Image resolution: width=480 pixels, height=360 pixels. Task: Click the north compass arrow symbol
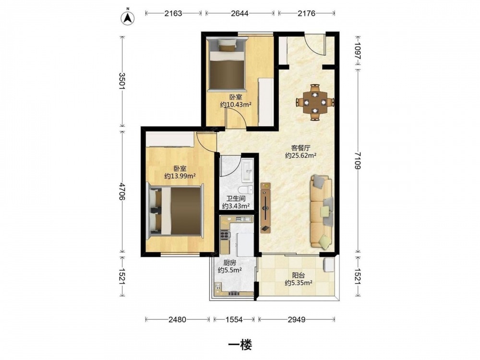click(127, 18)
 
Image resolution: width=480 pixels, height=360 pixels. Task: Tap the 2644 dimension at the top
click(240, 13)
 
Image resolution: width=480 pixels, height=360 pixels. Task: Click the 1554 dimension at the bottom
click(234, 320)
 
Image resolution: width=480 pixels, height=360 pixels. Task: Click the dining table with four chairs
click(315, 102)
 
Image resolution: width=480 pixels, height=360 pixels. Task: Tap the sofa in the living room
click(322, 211)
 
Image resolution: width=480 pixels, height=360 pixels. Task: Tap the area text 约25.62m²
click(300, 156)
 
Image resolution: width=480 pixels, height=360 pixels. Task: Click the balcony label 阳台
click(299, 276)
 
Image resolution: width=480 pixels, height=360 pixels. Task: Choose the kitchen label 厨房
click(230, 263)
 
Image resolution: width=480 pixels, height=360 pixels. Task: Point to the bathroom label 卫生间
click(236, 199)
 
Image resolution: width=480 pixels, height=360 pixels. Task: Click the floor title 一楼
click(240, 345)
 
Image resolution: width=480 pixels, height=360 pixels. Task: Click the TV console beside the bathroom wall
click(265, 208)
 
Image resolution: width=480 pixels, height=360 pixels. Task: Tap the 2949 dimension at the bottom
click(296, 320)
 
